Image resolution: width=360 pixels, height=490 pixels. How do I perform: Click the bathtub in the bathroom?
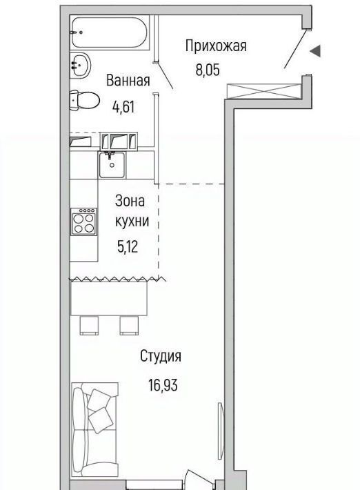(110, 32)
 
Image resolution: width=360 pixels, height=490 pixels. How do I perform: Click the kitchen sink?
(112, 164)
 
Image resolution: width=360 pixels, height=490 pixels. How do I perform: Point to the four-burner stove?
(83, 222)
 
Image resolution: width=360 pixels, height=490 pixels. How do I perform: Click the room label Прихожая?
(216, 46)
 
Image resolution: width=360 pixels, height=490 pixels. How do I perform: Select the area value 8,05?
(208, 70)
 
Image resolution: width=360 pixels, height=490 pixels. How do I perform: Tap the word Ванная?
(128, 80)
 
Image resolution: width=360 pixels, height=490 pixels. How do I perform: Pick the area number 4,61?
(123, 107)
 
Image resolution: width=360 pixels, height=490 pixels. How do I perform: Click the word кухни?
(132, 222)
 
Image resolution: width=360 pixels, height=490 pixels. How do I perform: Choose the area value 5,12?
(128, 247)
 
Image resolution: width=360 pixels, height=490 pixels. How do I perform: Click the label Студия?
(161, 356)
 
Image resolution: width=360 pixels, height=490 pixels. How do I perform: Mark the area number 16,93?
(163, 385)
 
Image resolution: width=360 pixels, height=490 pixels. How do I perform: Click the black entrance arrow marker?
(315, 51)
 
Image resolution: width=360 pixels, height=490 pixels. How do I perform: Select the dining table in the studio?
(109, 298)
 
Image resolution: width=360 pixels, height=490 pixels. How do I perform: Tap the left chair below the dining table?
(89, 325)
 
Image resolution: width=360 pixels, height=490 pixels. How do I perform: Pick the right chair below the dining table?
(129, 325)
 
